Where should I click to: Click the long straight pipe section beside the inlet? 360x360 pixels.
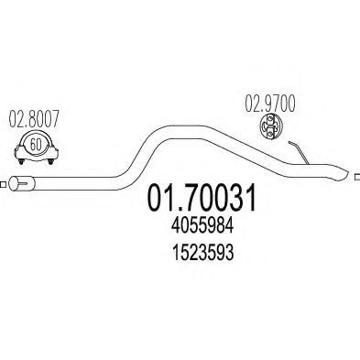coord(73,180)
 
